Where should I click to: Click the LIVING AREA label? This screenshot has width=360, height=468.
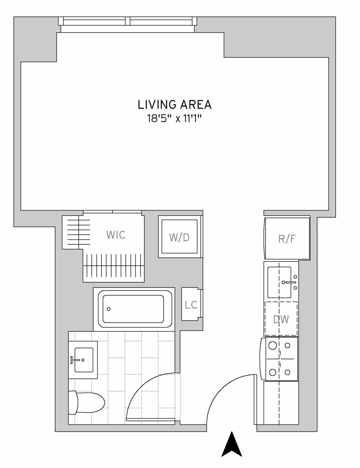(x=175, y=105)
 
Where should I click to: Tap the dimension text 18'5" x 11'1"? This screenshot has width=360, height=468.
(x=174, y=119)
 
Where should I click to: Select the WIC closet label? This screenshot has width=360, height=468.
(x=116, y=235)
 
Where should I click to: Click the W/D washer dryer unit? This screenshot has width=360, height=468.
(x=179, y=237)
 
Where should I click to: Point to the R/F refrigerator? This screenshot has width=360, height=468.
(x=287, y=239)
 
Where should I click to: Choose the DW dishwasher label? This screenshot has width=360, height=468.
(x=281, y=319)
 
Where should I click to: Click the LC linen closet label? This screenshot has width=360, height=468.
(x=191, y=305)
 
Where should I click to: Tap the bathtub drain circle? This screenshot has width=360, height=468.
(x=109, y=309)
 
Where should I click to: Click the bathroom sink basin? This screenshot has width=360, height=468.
(x=84, y=360)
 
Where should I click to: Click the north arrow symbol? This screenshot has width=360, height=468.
(x=232, y=445)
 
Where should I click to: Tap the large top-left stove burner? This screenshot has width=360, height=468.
(x=272, y=346)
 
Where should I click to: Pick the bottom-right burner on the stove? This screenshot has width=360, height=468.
(x=287, y=373)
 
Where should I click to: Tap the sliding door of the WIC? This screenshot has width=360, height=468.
(x=112, y=212)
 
